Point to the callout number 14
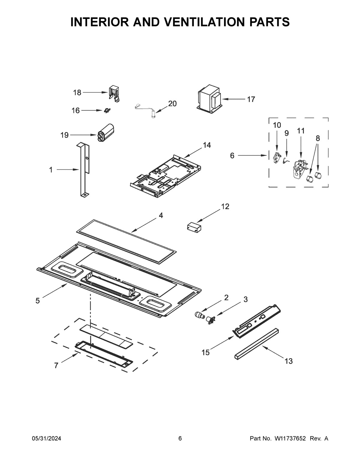(207, 145)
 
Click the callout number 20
(172, 104)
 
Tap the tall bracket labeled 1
(83, 170)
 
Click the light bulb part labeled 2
(199, 315)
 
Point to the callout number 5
(37, 301)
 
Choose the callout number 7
(56, 365)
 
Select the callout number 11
(301, 131)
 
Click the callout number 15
(205, 352)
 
